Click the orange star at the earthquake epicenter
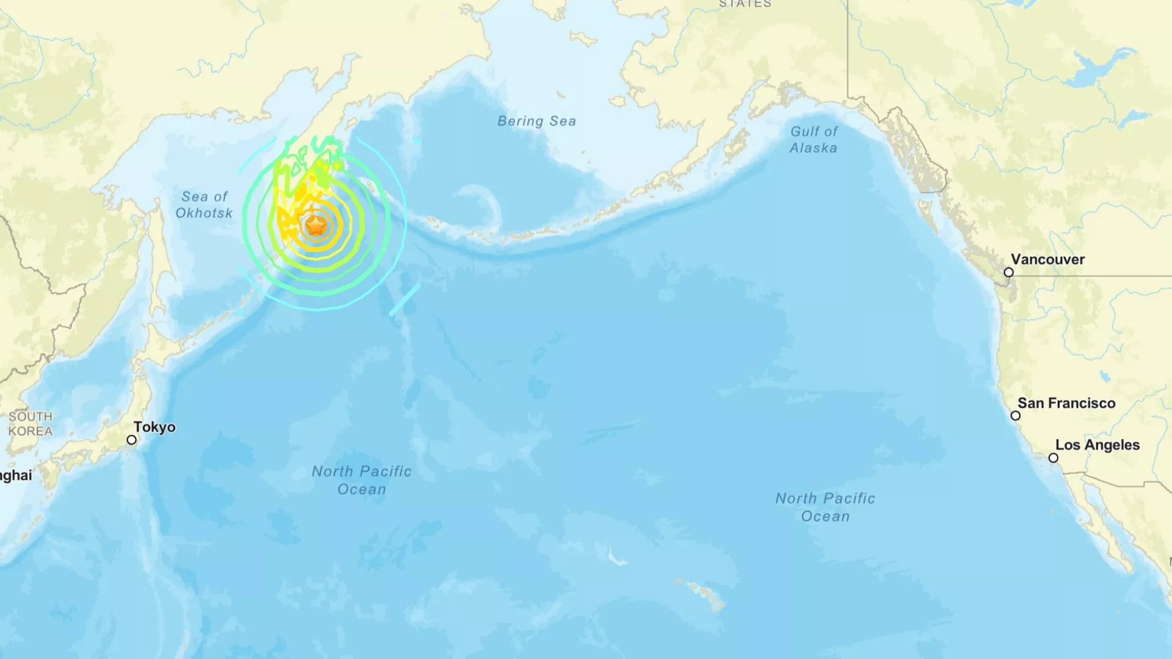[x=316, y=226]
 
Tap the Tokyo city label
[x=154, y=427]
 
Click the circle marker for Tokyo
[x=131, y=440]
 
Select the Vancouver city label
[x=1047, y=259]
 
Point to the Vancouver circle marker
[x=1008, y=273]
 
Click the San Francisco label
[x=1066, y=403]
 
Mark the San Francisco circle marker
[x=1015, y=416]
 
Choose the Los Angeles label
[x=1098, y=445]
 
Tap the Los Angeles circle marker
[x=1053, y=458]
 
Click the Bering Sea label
[x=537, y=121]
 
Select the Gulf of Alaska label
[x=814, y=140]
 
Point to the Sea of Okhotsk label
[x=204, y=205]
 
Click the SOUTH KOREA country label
[x=30, y=424]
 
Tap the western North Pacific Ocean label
[x=361, y=480]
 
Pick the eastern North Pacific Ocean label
[x=825, y=507]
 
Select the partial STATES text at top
[x=745, y=4]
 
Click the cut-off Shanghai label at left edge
[x=16, y=475]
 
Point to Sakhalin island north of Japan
[x=160, y=256]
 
